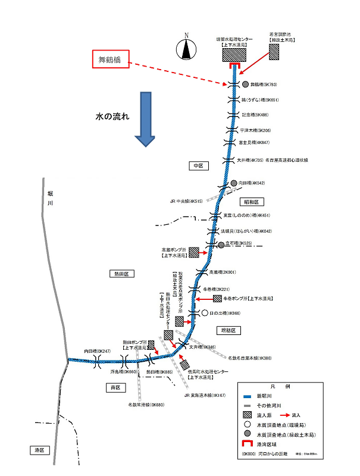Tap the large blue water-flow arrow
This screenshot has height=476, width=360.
pyautogui.click(x=145, y=118)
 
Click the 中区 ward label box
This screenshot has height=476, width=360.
pyautogui.click(x=198, y=166)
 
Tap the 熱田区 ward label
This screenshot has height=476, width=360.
pyautogui.click(x=122, y=274)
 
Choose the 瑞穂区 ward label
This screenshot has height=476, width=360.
pyautogui.click(x=227, y=330)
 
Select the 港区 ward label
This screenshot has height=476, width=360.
pyautogui.click(x=39, y=450)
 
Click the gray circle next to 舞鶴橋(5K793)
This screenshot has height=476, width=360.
pyautogui.click(x=245, y=84)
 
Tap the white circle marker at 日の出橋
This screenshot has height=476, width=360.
pyautogui.click(x=205, y=312)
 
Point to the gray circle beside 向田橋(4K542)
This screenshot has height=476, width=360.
pyautogui.click(x=234, y=183)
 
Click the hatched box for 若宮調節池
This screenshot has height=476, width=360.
pyautogui.click(x=274, y=52)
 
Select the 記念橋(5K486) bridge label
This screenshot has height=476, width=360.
pyautogui.click(x=255, y=115)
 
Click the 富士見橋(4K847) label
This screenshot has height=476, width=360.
pyautogui.click(x=254, y=143)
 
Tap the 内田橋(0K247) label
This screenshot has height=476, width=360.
pyautogui.click(x=98, y=352)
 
